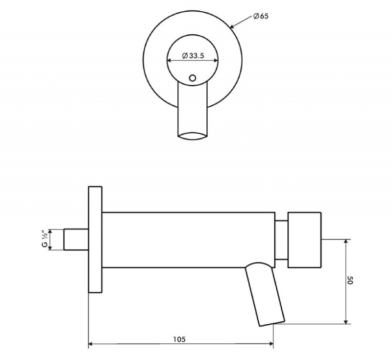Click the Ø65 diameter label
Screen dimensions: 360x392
point(260,16)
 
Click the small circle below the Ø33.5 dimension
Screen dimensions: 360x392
point(193,77)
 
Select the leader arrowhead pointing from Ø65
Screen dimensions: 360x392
point(234,26)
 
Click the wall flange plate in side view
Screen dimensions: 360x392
point(95,239)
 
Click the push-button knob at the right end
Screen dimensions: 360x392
point(304,240)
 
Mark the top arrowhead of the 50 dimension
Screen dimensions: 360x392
point(346,242)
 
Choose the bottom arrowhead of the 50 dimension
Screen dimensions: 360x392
point(346,321)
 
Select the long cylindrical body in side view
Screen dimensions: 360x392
point(188,240)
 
